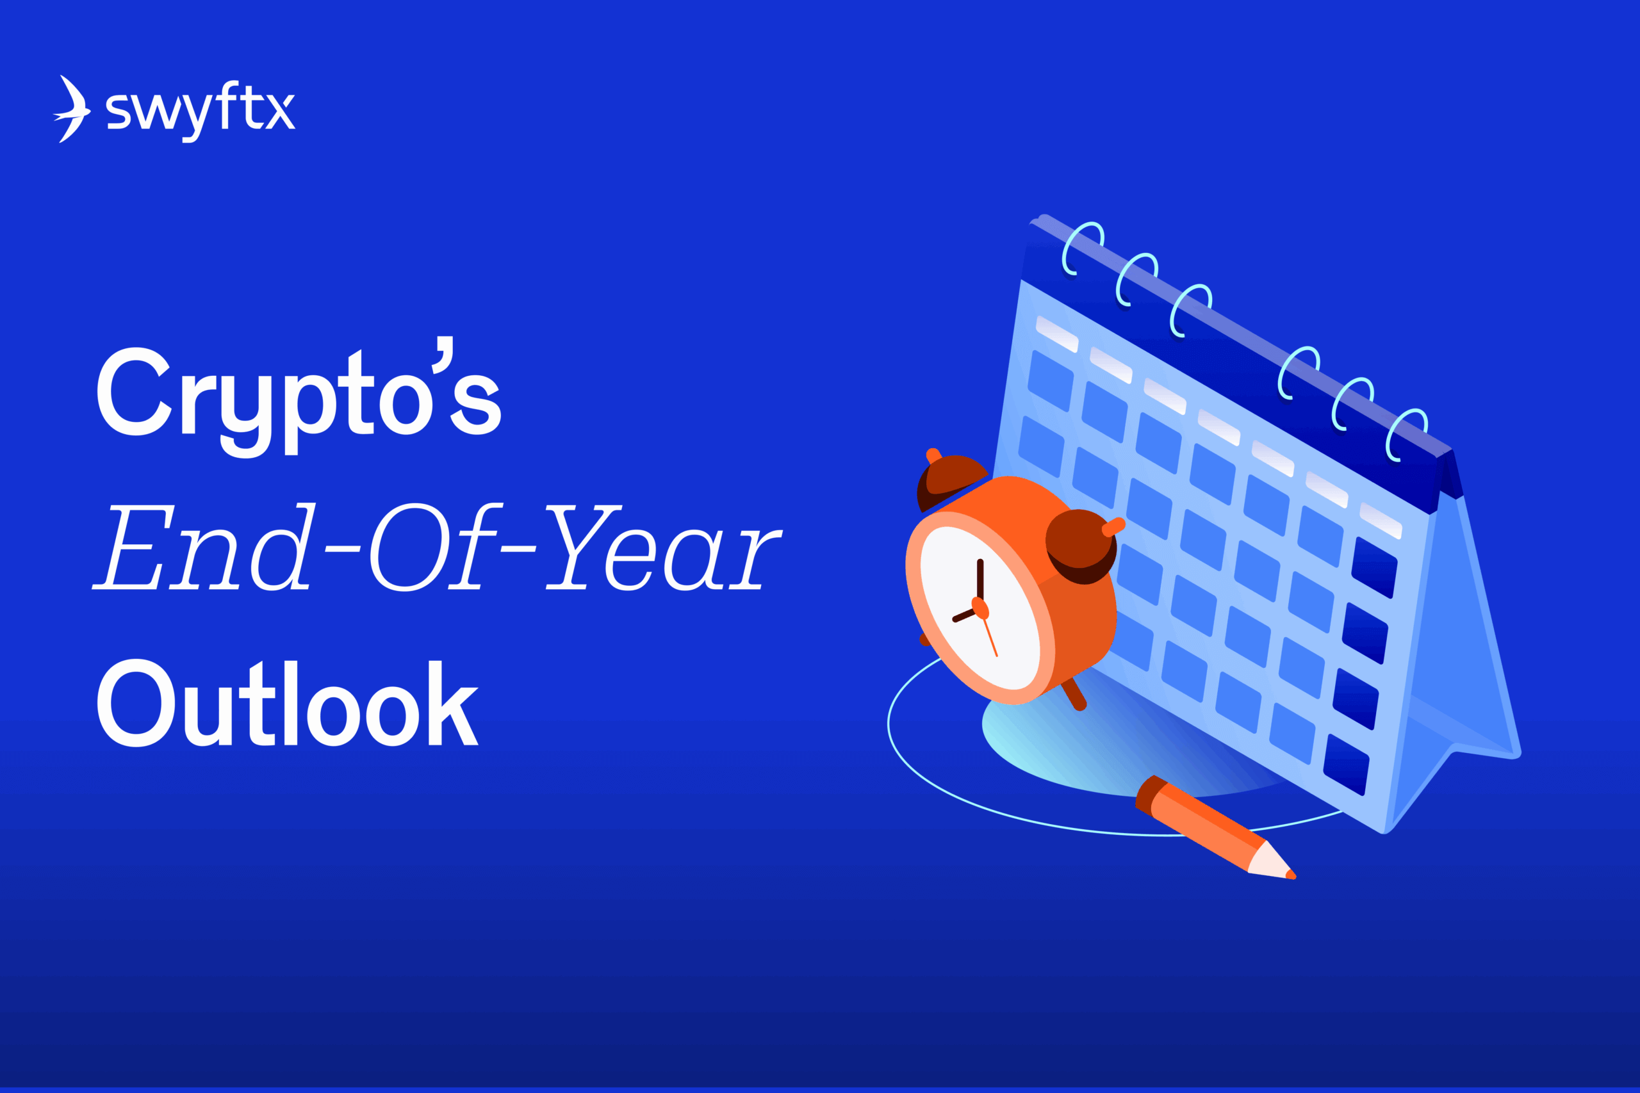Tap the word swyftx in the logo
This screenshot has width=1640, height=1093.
pos(201,111)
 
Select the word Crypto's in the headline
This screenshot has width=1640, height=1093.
pos(299,396)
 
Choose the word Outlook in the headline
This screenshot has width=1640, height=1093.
pos(287,702)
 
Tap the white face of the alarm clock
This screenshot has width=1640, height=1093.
pos(980,606)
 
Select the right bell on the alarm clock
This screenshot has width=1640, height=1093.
pos(1081,546)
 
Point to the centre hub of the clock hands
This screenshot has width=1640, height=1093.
pos(980,608)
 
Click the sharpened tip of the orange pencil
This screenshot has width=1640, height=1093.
pos(1291,875)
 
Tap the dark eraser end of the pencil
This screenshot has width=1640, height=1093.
pos(1149,795)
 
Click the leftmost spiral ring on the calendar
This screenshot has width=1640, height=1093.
pos(1081,249)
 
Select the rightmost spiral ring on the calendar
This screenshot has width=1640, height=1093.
pos(1405,435)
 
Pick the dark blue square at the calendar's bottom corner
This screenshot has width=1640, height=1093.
pos(1346,765)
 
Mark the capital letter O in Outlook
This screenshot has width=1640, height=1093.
pos(135,702)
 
